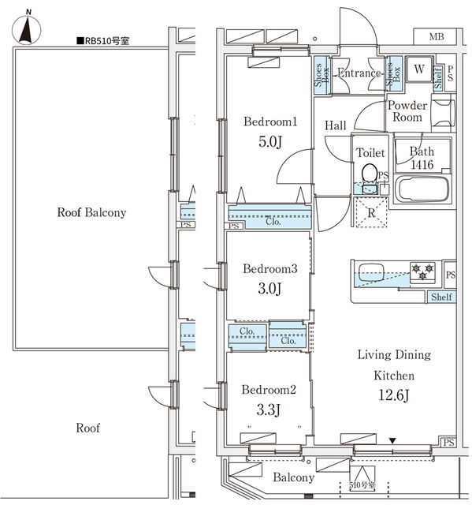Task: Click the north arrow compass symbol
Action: pyautogui.click(x=26, y=29)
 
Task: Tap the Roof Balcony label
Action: pyautogui.click(x=91, y=212)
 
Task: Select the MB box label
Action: pyautogui.click(x=437, y=37)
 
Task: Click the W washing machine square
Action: pyautogui.click(x=418, y=69)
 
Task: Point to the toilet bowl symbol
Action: pyautogui.click(x=370, y=174)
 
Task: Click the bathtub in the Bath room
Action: pyautogui.click(x=422, y=189)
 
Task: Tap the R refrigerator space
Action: pyautogui.click(x=371, y=212)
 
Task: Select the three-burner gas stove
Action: pyautogui.click(x=422, y=272)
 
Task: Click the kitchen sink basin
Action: pyautogui.click(x=372, y=272)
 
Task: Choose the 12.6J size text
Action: pyautogui.click(x=394, y=395)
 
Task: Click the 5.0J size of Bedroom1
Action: pyautogui.click(x=270, y=142)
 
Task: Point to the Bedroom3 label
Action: pyautogui.click(x=270, y=268)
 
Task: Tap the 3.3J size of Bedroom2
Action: pyautogui.click(x=269, y=410)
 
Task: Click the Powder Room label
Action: pyautogui.click(x=407, y=111)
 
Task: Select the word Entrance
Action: pyautogui.click(x=359, y=73)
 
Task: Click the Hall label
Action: pyautogui.click(x=336, y=125)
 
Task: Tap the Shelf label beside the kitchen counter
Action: pyautogui.click(x=441, y=297)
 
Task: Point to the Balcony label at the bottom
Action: pyautogui.click(x=294, y=477)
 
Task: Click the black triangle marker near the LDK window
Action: pyautogui.click(x=392, y=440)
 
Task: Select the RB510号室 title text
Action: pyautogui.click(x=103, y=41)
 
